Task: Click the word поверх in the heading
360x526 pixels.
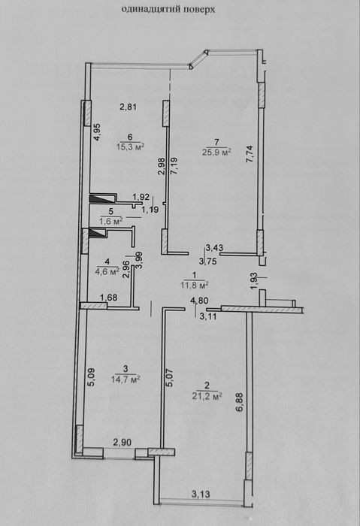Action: [199, 10]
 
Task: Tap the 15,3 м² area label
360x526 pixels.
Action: [131, 147]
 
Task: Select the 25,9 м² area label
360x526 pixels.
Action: [217, 152]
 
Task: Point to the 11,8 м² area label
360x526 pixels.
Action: [194, 285]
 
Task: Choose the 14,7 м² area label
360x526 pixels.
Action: [126, 379]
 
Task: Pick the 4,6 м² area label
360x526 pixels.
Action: [107, 271]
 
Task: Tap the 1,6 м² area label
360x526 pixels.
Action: [110, 221]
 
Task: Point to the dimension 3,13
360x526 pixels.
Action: [201, 494]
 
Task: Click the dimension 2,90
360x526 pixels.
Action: [122, 442]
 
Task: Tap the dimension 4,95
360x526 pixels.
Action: [97, 132]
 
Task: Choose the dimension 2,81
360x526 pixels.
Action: [129, 107]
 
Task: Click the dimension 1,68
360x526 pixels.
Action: [109, 298]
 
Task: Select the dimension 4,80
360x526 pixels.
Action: [198, 301]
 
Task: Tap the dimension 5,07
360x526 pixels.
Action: [169, 378]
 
